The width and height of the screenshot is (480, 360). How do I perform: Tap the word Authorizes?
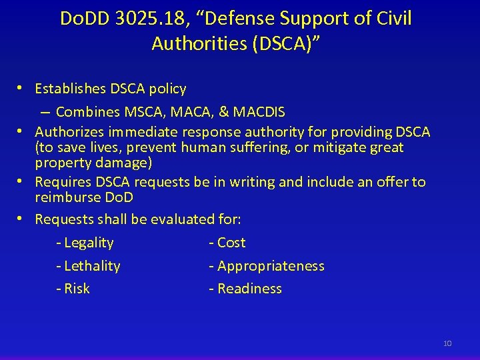tap(70, 132)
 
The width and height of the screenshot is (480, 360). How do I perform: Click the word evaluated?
tap(183, 219)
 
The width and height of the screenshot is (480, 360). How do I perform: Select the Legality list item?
tap(88, 243)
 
